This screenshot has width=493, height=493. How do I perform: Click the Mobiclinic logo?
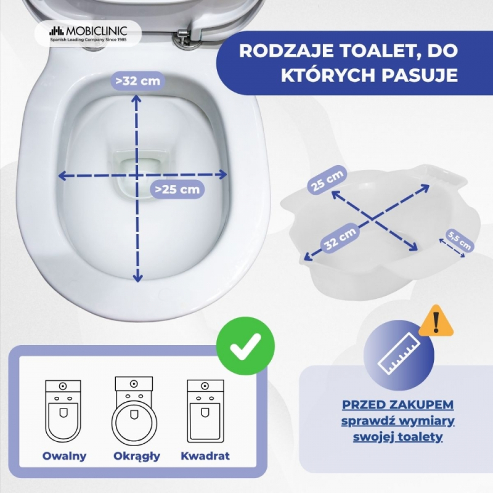coord(88,33)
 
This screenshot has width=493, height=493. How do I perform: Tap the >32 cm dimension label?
coord(137,81)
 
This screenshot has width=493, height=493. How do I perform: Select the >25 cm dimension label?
coord(177,189)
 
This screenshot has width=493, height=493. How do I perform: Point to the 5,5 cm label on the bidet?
coord(460,240)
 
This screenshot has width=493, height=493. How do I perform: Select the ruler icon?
coord(398,354)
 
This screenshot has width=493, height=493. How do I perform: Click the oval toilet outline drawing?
coord(63,412)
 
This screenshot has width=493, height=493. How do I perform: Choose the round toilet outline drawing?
coord(134,411)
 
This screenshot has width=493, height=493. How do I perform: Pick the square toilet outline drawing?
coord(205,411)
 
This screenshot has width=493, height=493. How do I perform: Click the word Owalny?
coord(65,456)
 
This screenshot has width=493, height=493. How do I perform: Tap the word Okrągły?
coord(137,457)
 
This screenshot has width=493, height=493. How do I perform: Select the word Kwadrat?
coord(205,456)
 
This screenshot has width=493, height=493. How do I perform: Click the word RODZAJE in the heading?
coord(286,51)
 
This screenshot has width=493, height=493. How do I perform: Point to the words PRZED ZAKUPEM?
coord(397,405)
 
